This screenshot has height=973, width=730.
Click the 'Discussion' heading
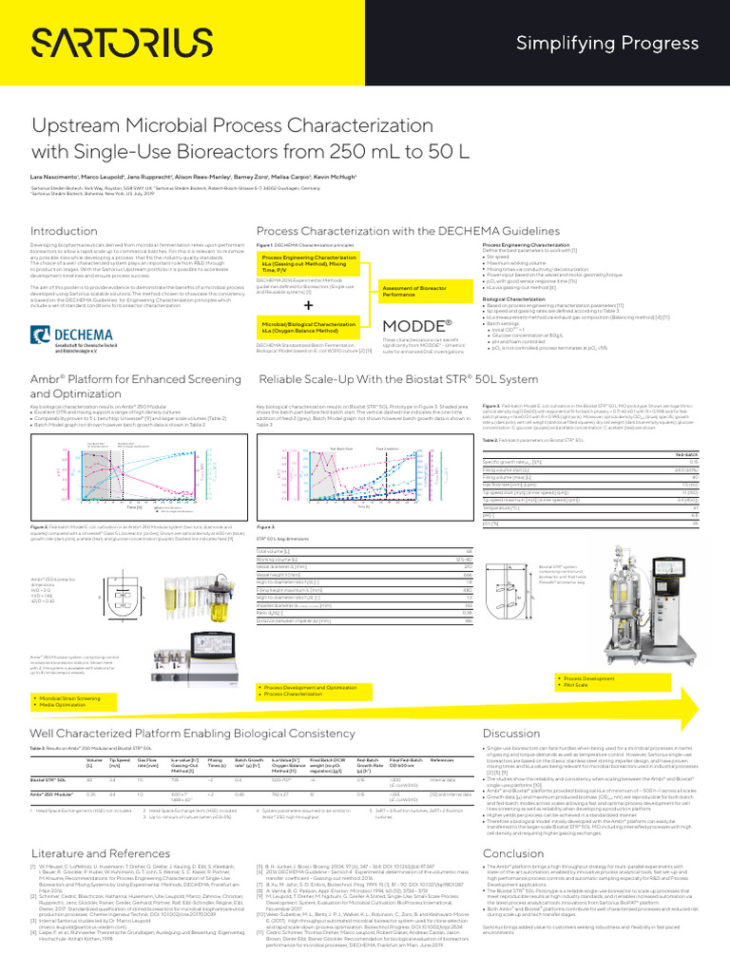[512, 706]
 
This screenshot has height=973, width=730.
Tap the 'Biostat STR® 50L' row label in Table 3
[50, 752]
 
